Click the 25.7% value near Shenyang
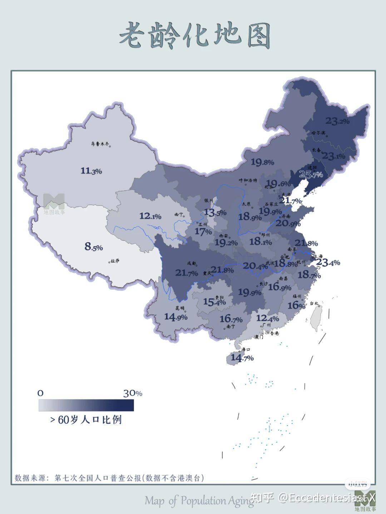(x=311, y=174)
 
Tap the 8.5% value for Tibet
(x=94, y=246)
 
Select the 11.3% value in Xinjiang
(x=91, y=171)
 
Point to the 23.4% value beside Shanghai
(x=328, y=263)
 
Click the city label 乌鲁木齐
(x=100, y=144)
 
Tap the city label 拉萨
(x=115, y=261)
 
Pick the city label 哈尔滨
(x=318, y=133)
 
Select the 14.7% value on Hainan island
(x=242, y=357)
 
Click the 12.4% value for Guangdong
(x=267, y=318)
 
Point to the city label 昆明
(x=180, y=308)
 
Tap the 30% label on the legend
(x=133, y=393)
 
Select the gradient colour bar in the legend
(x=86, y=405)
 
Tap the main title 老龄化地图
(x=195, y=36)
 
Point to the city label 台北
(x=314, y=303)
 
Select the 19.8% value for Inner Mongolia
(x=262, y=162)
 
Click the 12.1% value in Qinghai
(x=150, y=216)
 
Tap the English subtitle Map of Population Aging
(x=199, y=501)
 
